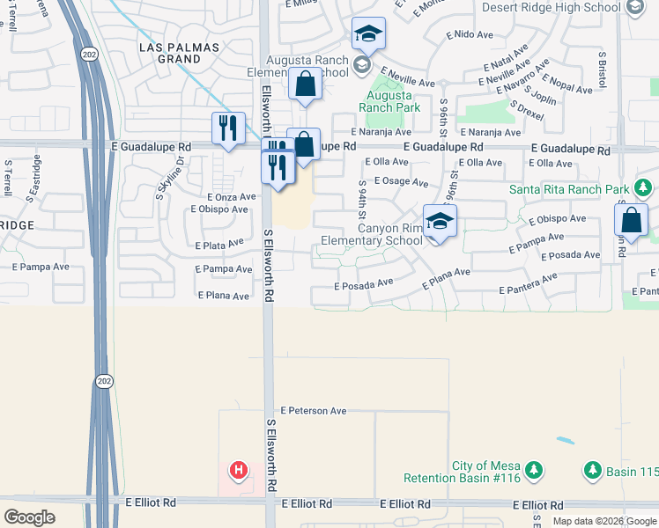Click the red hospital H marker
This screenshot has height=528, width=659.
[x=237, y=471]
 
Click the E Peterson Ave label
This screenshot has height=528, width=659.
[x=314, y=411]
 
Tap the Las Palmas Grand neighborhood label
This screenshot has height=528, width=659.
[x=167, y=52]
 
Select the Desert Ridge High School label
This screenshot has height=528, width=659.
[x=551, y=7]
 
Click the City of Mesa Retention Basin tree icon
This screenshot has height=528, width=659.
[x=533, y=473]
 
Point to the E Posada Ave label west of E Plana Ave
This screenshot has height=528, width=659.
[x=363, y=284]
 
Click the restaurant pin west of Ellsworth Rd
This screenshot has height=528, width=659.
[x=228, y=128]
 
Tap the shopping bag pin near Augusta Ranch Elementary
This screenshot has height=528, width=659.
[x=305, y=85]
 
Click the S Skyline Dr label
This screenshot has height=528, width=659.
[x=170, y=179]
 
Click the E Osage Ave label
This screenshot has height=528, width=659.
[x=400, y=182]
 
